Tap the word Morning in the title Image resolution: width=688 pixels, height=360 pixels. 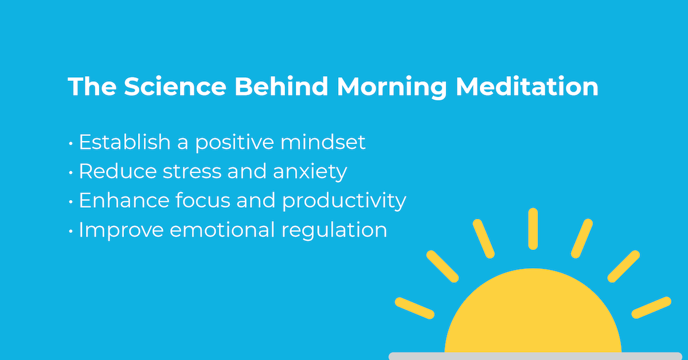[391, 87]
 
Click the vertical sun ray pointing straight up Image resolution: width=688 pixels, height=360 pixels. [533, 229]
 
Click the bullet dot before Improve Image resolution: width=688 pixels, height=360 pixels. [71, 230]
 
